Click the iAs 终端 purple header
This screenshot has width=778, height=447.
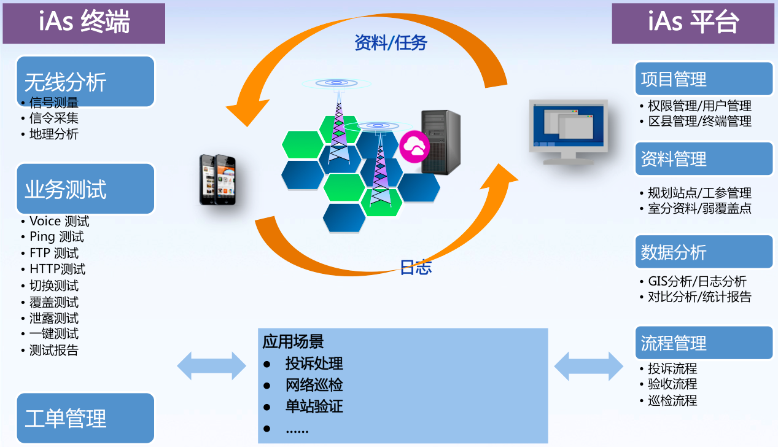(84, 23)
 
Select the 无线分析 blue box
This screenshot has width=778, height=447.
(85, 80)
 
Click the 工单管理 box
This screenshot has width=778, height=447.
(85, 418)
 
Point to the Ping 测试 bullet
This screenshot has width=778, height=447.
(56, 237)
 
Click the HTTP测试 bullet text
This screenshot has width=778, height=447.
(57, 269)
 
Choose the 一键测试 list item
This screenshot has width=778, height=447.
(54, 334)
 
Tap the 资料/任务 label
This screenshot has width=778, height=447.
(391, 43)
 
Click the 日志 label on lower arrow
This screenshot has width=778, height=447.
(416, 267)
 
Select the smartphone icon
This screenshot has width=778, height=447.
(217, 179)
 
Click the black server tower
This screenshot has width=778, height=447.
(440, 142)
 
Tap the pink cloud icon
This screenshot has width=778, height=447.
(414, 146)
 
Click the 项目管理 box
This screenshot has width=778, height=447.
(703, 79)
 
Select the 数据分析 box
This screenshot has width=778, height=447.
(703, 252)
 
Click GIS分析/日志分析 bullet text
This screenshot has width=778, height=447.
(697, 281)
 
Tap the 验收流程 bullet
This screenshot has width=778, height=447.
(672, 384)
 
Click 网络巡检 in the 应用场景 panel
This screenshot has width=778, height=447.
(314, 385)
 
